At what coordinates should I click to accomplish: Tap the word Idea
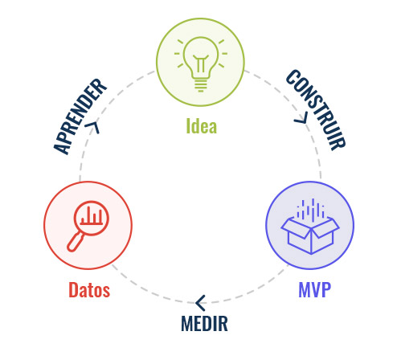click(202, 126)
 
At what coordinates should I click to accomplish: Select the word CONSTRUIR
click(316, 110)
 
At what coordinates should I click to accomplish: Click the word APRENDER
click(80, 117)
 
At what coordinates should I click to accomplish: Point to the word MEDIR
click(204, 323)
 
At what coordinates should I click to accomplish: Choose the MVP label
click(315, 289)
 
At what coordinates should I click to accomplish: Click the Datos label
click(89, 290)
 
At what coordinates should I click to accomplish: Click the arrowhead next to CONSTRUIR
click(301, 118)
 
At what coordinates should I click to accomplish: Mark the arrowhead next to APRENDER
click(92, 127)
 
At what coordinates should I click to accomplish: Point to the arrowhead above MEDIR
click(200, 303)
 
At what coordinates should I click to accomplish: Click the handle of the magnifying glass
click(76, 242)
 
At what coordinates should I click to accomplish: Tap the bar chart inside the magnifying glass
click(92, 217)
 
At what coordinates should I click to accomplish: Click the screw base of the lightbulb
click(201, 85)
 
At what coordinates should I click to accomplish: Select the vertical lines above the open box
click(310, 208)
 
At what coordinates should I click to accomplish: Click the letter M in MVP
click(305, 289)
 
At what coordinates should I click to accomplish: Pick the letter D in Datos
click(73, 290)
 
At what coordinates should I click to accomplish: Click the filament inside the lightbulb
click(201, 63)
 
